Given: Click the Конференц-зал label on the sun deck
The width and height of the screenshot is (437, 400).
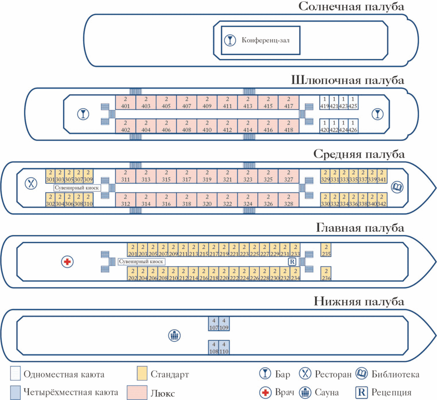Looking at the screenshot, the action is point(265,41).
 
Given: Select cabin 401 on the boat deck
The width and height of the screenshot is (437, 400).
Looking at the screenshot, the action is point(125,102).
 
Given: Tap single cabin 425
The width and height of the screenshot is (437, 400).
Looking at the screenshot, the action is point(353,102).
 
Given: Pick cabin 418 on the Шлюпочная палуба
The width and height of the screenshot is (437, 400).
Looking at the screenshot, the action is point(288,126).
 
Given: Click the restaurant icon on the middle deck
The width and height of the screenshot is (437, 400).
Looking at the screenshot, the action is point(31,183).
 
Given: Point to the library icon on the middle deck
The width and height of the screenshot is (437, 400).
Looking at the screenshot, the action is point(397,187).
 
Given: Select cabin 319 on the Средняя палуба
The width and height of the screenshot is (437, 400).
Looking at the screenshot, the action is point(207,176).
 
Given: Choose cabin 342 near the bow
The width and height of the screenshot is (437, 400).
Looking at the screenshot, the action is point(382,200).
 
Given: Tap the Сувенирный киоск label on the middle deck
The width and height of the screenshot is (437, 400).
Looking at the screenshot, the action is point(77,188).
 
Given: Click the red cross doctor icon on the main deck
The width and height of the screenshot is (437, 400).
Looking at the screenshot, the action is point(67,262).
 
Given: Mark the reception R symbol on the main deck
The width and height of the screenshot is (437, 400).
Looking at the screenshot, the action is point(292,261).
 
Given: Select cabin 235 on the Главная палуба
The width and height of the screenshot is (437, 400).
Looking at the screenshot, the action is point(326,250).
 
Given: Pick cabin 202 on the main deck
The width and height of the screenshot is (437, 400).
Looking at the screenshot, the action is point(133,274).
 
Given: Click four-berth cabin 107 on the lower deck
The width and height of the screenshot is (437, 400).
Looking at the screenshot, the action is point(214,324).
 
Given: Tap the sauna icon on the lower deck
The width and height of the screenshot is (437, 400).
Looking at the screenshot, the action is point(175,335).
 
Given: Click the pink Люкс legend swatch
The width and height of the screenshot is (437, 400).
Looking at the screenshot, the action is point(137,392).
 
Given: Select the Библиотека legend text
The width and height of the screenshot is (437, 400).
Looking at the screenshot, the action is point(395,374).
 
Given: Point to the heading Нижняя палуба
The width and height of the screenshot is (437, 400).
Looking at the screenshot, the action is point(359,301).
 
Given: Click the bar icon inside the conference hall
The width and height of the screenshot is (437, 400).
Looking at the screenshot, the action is point(230,41).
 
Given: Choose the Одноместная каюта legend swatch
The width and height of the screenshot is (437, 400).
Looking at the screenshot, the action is point(15,374).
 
